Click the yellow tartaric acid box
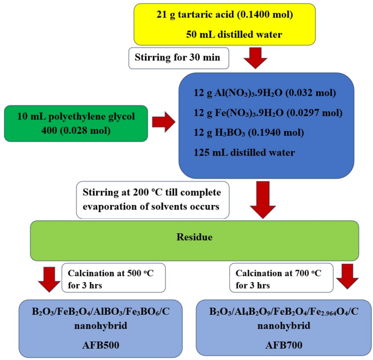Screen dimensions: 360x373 pyautogui.click(x=224, y=24)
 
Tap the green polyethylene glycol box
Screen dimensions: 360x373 pyautogui.click(x=76, y=123)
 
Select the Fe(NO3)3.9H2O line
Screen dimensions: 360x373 pyautogui.click(x=268, y=113)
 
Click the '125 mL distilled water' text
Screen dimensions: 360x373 pyautogui.click(x=244, y=152)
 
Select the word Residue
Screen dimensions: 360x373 pyautogui.click(x=194, y=238)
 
